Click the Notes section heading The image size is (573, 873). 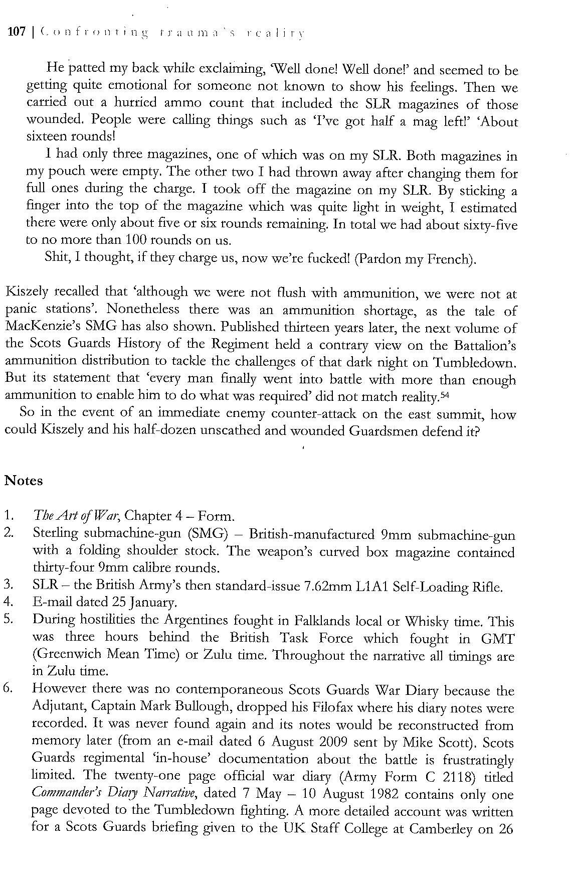pos(24,481)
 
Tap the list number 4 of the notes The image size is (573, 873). pos(8,602)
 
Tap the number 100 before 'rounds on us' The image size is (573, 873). pos(134,240)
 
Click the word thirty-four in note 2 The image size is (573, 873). pos(64,568)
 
